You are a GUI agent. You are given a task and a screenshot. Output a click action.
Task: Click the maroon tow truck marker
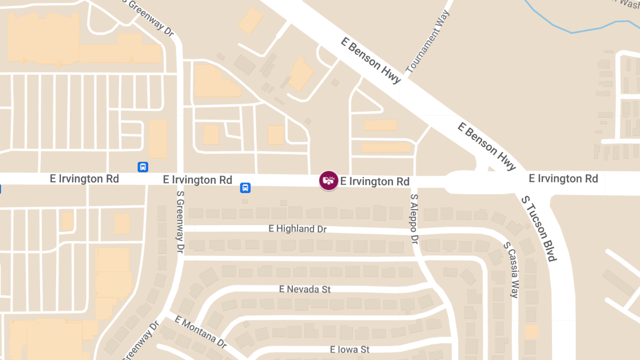329,180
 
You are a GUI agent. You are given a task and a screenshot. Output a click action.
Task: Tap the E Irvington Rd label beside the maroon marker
375,181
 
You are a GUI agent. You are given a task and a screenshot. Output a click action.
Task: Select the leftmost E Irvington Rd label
84,179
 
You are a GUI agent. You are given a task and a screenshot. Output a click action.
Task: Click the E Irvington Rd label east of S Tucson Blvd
563,178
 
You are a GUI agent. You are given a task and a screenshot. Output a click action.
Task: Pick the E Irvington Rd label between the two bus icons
197,180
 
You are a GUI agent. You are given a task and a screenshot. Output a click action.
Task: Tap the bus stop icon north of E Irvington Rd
143,167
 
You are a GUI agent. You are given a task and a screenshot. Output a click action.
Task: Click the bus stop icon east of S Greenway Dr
245,188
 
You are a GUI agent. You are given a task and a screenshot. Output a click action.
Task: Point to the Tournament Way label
428,42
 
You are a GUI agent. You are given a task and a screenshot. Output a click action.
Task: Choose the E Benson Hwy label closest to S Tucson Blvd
486,147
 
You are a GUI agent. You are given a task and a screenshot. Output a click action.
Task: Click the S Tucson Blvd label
539,228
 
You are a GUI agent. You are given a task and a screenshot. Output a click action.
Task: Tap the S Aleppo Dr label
414,219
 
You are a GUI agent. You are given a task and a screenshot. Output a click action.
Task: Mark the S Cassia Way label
511,270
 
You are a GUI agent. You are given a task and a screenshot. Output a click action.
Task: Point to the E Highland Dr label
297,229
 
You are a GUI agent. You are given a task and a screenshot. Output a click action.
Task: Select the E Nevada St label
305,289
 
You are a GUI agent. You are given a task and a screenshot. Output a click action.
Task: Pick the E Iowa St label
350,349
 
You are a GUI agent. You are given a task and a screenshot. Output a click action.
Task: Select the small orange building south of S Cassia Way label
532,332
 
